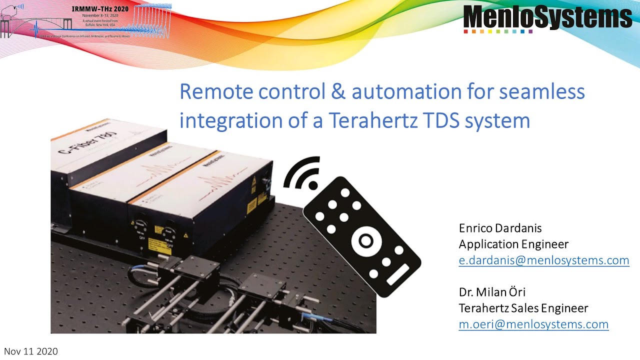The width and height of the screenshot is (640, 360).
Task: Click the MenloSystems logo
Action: [x=547, y=17]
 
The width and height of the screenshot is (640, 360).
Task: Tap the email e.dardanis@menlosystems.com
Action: [x=544, y=260]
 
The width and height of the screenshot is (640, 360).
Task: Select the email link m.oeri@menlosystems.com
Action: [x=533, y=324]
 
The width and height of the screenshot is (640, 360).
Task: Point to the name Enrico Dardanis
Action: [x=500, y=228]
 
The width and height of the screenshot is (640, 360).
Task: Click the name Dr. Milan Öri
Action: [x=492, y=292]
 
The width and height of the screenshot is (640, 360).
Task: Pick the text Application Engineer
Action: [x=513, y=244]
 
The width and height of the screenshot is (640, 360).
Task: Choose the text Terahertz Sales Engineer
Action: [x=523, y=308]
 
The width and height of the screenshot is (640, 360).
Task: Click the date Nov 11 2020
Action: [x=31, y=351]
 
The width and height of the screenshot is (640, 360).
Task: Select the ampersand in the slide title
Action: [x=336, y=92]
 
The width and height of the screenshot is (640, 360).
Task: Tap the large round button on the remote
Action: [x=365, y=242]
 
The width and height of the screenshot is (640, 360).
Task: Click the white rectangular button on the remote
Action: [x=398, y=274]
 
